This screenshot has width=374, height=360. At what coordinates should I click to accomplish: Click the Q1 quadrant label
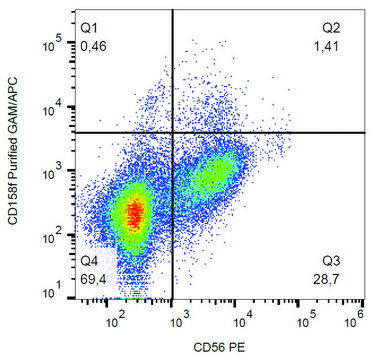pyautogui.click(x=89, y=28)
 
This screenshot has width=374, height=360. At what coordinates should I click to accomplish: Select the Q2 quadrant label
pyautogui.click(x=331, y=28)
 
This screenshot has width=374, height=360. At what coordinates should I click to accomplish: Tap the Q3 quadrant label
pyautogui.click(x=331, y=261)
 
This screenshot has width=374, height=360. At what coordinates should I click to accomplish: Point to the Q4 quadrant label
pyautogui.click(x=89, y=261)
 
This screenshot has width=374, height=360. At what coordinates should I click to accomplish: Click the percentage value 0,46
pyautogui.click(x=94, y=46)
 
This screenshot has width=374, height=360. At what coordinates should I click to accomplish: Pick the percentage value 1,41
pyautogui.click(x=326, y=46)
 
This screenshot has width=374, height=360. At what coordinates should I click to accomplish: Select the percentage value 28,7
pyautogui.click(x=326, y=279)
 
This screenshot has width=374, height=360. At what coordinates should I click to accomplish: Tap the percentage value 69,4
pyautogui.click(x=94, y=279)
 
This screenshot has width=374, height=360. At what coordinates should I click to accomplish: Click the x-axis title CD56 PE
pyautogui.click(x=219, y=348)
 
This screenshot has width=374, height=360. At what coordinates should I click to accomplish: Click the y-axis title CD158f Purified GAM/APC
pyautogui.click(x=13, y=151)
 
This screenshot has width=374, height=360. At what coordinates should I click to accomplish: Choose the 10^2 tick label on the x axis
pyautogui.click(x=115, y=320)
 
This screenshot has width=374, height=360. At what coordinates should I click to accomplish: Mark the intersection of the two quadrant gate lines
pyautogui.click(x=173, y=133)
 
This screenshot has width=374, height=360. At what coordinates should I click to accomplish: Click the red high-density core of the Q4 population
pyautogui.click(x=136, y=214)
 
